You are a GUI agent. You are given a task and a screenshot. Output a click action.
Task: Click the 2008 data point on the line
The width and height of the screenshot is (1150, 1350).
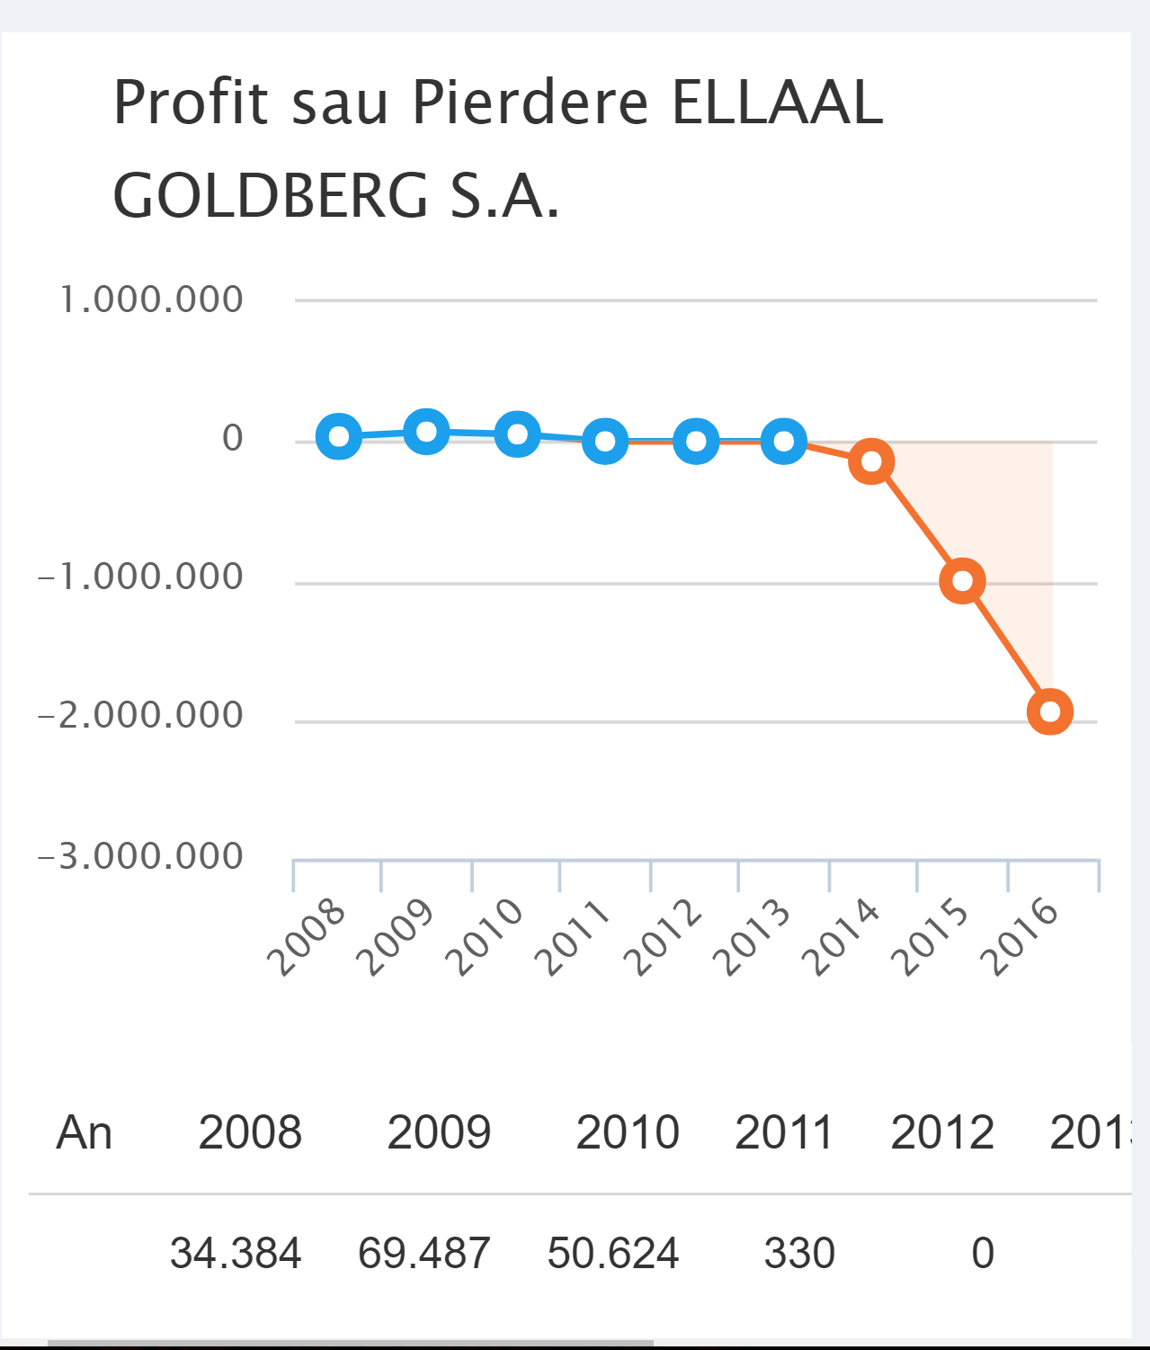(339, 437)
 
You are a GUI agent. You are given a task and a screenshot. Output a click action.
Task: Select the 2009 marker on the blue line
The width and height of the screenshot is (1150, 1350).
(427, 432)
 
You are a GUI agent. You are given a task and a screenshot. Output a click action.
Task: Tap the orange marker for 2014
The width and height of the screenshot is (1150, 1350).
(871, 461)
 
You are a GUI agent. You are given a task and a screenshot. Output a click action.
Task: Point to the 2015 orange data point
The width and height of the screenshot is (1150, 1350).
(962, 581)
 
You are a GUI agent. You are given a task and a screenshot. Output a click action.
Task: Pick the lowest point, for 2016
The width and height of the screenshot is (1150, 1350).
(1050, 711)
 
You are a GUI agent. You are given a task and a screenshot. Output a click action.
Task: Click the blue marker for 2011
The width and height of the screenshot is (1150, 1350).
(605, 442)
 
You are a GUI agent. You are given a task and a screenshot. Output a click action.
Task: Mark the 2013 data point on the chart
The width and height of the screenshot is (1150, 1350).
(783, 442)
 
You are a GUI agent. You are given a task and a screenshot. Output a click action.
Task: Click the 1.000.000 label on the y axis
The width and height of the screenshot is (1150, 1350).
(151, 300)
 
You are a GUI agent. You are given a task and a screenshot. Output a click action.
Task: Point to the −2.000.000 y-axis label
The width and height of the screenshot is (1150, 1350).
(140, 716)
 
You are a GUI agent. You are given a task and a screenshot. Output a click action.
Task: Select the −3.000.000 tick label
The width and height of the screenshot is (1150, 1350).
(140, 856)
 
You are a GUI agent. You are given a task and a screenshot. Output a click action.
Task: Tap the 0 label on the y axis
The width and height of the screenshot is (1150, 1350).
(233, 438)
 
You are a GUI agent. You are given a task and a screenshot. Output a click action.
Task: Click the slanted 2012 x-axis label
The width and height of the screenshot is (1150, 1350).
(665, 937)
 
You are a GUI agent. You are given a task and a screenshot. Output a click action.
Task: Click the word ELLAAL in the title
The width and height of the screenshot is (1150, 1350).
(777, 103)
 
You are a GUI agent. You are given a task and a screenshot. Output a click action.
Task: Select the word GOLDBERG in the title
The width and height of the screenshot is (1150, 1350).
(271, 196)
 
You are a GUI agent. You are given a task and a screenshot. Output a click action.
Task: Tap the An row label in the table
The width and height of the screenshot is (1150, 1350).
(84, 1132)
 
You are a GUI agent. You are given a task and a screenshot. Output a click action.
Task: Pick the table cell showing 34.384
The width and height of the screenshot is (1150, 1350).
(236, 1253)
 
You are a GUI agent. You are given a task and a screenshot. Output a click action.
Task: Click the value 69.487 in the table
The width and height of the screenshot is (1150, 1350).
(424, 1253)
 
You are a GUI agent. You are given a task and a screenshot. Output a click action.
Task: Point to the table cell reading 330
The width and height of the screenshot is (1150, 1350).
(799, 1253)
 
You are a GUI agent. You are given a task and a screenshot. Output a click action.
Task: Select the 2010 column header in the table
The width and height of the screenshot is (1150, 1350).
(628, 1132)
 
